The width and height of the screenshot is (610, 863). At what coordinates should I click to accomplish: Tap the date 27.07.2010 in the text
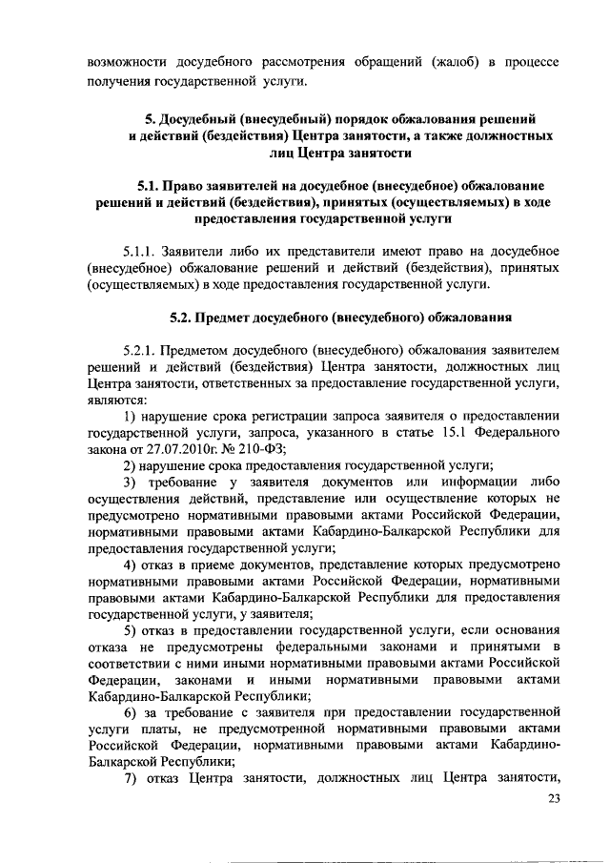(x=184, y=450)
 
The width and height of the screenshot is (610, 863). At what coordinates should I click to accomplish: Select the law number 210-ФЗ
(x=274, y=450)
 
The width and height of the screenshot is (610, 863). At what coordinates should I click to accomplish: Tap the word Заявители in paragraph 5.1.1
(x=201, y=250)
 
